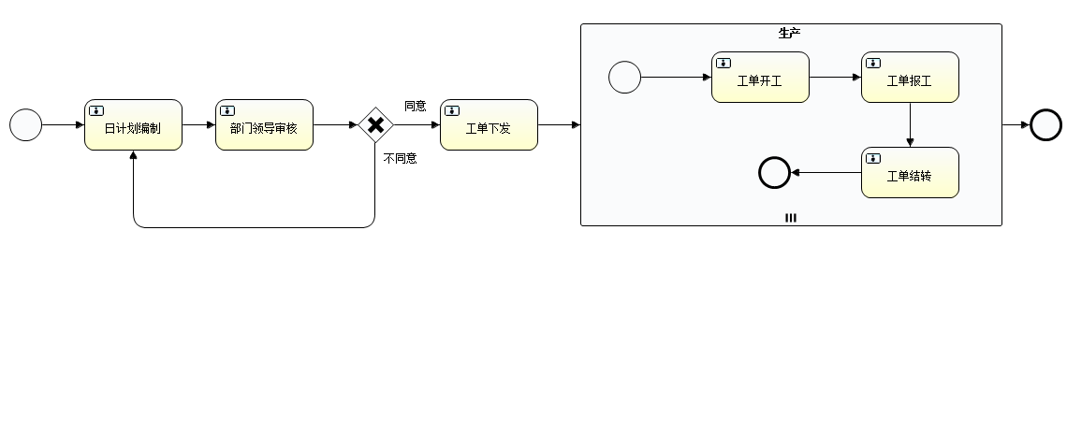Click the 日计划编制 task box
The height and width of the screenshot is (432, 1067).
pyautogui.click(x=133, y=125)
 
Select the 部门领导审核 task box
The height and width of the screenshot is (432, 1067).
pyautogui.click(x=264, y=125)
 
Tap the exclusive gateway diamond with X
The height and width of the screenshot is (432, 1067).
pyautogui.click(x=375, y=125)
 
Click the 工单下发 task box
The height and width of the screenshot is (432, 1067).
pyautogui.click(x=489, y=125)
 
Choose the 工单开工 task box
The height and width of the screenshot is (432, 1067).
pyautogui.click(x=760, y=78)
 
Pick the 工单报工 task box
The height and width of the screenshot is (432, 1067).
pyautogui.click(x=910, y=78)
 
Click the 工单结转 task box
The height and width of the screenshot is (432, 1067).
pyautogui.click(x=910, y=173)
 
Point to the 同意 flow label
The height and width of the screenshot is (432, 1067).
pyautogui.click(x=415, y=106)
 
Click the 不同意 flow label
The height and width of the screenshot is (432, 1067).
pyautogui.click(x=400, y=158)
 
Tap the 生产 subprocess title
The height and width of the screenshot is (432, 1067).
pyautogui.click(x=790, y=33)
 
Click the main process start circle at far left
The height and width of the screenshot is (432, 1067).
pyautogui.click(x=26, y=124)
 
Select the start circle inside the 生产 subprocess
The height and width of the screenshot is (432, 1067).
pyautogui.click(x=624, y=78)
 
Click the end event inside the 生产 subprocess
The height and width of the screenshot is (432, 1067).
pyautogui.click(x=774, y=172)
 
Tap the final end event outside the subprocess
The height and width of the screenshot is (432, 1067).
pyautogui.click(x=1045, y=124)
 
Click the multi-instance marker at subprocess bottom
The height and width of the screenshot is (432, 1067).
pyautogui.click(x=791, y=218)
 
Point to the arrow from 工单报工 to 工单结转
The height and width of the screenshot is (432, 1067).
pyautogui.click(x=910, y=124)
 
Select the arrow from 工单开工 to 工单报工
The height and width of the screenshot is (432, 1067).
pyautogui.click(x=835, y=78)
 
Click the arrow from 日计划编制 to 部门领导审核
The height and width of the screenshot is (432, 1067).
pyautogui.click(x=198, y=124)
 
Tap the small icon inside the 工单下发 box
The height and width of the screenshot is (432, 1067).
pyautogui.click(x=452, y=110)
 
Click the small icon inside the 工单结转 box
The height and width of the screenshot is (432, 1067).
pyautogui.click(x=873, y=158)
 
